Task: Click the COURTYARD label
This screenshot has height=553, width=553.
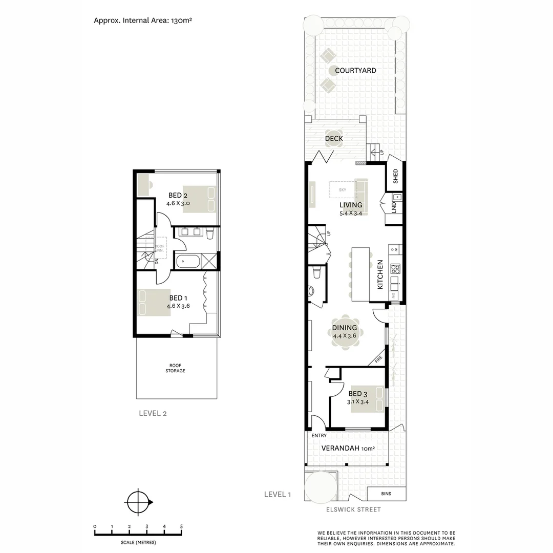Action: click(355, 71)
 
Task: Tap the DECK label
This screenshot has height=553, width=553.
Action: click(334, 139)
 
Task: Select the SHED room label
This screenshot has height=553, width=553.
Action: click(395, 177)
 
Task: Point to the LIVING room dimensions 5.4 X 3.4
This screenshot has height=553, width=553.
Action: click(351, 213)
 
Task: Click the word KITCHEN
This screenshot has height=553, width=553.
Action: click(380, 275)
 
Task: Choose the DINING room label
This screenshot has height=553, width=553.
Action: click(345, 328)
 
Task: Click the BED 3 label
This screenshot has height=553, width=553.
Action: click(358, 394)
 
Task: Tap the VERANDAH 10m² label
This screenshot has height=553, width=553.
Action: click(348, 449)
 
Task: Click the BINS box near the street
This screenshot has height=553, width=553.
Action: click(387, 494)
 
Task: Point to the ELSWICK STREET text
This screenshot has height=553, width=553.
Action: click(354, 509)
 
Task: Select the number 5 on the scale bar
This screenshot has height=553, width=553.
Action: click(181, 526)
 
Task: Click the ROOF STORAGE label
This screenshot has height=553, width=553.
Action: click(175, 368)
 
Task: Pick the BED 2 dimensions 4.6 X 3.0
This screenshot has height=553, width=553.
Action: click(178, 203)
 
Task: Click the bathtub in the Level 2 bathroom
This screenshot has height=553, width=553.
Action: click(187, 262)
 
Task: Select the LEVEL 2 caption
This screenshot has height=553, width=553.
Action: click(153, 414)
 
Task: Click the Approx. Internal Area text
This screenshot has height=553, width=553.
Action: click(143, 21)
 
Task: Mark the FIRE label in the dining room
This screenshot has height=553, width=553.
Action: click(378, 360)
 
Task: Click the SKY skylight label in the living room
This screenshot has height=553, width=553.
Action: click(343, 190)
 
